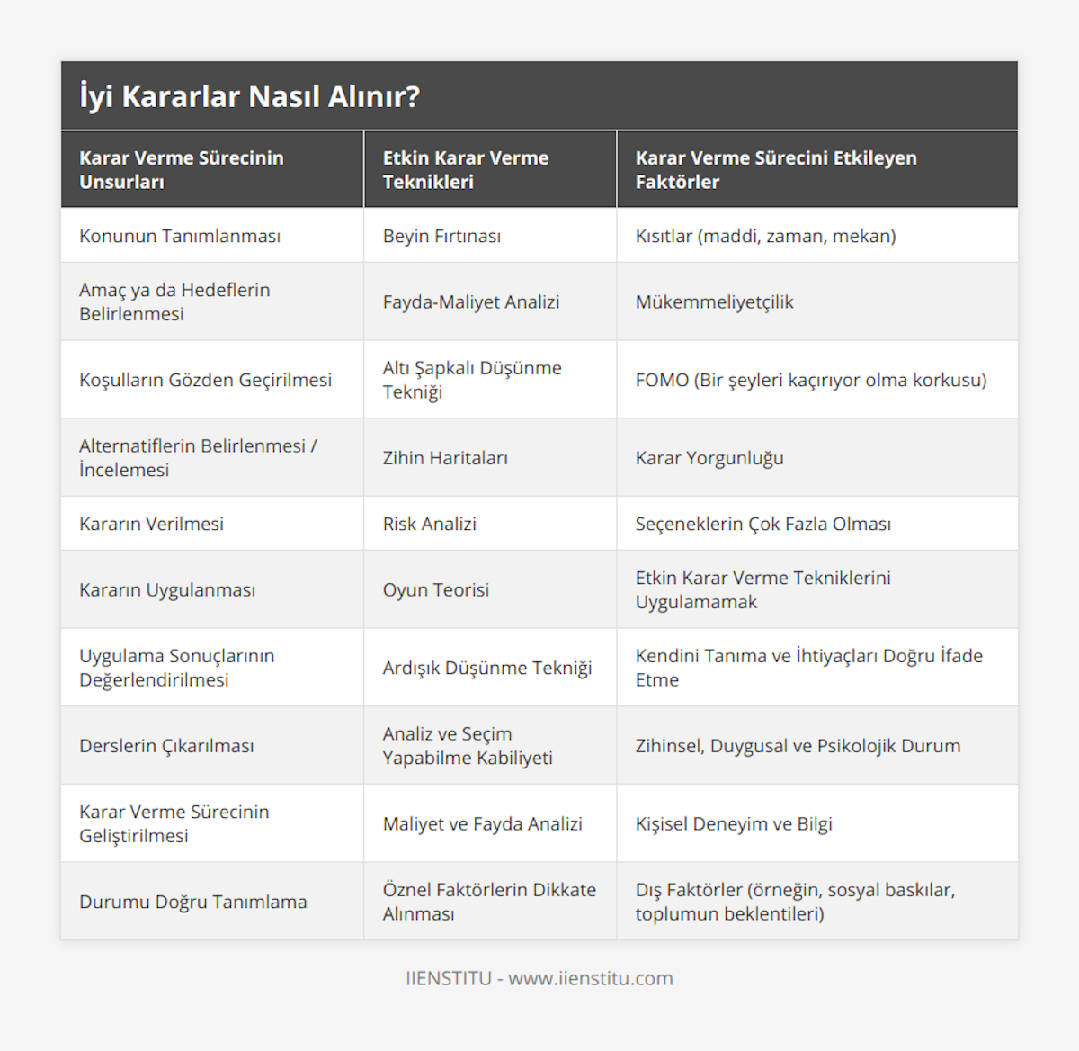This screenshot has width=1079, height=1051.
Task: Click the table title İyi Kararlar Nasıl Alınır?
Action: (249, 96)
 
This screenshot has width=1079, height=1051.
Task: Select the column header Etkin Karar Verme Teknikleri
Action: (465, 169)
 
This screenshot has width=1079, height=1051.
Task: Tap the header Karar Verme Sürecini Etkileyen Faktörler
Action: (775, 169)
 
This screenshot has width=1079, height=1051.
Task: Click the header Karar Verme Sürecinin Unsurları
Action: (181, 169)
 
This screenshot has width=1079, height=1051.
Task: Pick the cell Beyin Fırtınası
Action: (441, 236)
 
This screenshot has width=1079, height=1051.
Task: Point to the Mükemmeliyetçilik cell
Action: (714, 302)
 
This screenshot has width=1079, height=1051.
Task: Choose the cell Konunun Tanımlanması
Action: (180, 236)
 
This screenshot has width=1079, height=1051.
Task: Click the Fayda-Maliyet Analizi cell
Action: (470, 302)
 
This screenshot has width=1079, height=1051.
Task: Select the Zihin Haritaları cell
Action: (445, 458)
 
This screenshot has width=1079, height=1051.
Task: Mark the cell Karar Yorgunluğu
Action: (709, 458)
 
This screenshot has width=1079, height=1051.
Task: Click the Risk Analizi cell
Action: (429, 524)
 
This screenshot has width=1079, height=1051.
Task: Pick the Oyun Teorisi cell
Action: (435, 590)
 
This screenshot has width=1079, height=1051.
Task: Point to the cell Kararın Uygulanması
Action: (167, 590)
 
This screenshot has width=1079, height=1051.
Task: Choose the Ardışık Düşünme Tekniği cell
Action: (486, 668)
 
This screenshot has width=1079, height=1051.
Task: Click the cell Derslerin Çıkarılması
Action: (166, 746)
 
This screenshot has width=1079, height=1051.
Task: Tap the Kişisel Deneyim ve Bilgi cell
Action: (733, 823)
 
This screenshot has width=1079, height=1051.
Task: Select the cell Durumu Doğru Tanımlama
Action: (192, 902)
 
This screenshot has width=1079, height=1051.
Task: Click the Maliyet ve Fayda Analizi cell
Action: (482, 823)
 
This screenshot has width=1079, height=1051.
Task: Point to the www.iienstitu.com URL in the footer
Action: (590, 978)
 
